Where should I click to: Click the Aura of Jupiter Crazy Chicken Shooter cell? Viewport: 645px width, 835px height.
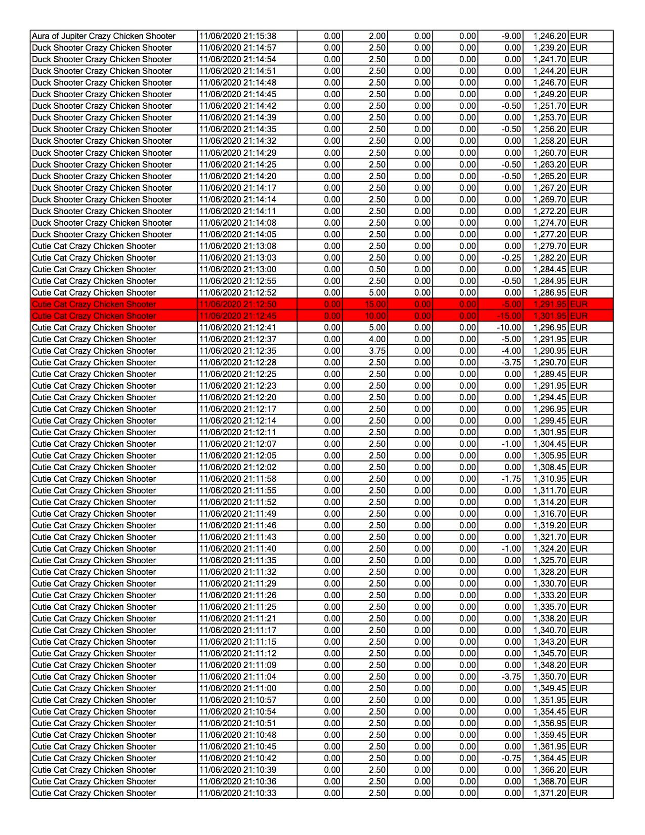104,36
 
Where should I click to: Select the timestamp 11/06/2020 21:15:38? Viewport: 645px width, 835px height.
238,36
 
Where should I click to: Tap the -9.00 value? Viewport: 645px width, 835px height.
511,36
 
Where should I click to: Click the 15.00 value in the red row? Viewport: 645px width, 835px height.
375,304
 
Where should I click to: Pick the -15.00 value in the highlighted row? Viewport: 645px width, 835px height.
509,316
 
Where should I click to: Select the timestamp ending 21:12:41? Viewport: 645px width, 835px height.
238,327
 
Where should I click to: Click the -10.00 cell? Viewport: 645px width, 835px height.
509,327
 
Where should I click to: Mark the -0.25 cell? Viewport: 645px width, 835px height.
511,258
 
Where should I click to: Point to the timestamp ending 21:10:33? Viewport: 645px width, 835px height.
238,793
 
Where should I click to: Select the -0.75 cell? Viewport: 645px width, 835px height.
511,758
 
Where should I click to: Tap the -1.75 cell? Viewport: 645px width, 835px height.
511,479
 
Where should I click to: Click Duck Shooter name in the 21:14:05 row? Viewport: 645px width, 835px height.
102,234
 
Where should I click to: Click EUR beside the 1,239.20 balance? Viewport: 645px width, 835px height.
579,48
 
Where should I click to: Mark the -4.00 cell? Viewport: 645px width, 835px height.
511,351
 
